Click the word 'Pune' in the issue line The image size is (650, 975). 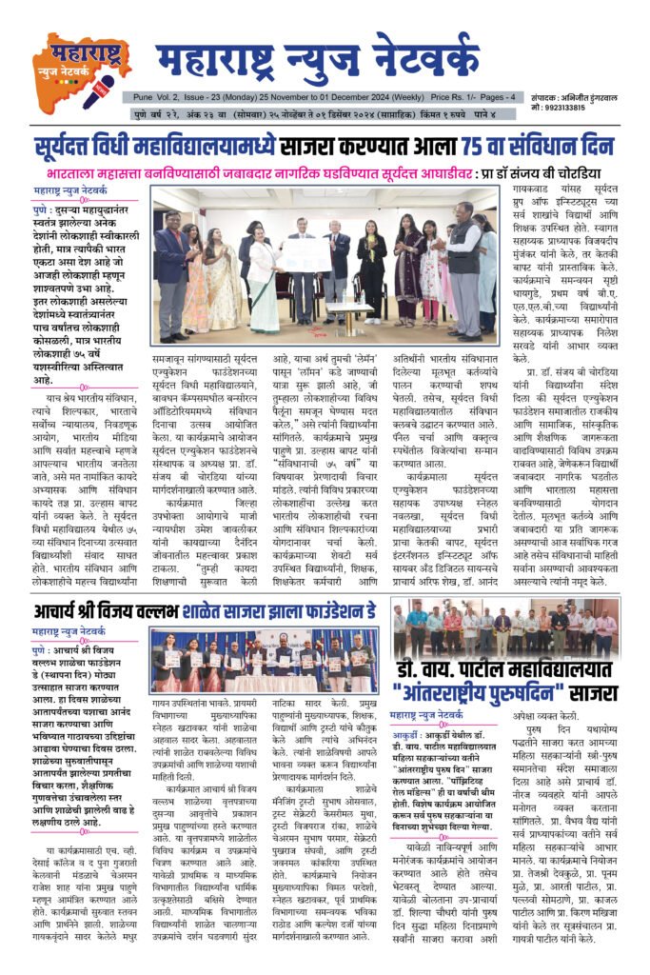click(144, 97)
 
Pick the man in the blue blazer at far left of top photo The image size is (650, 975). click(174, 276)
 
